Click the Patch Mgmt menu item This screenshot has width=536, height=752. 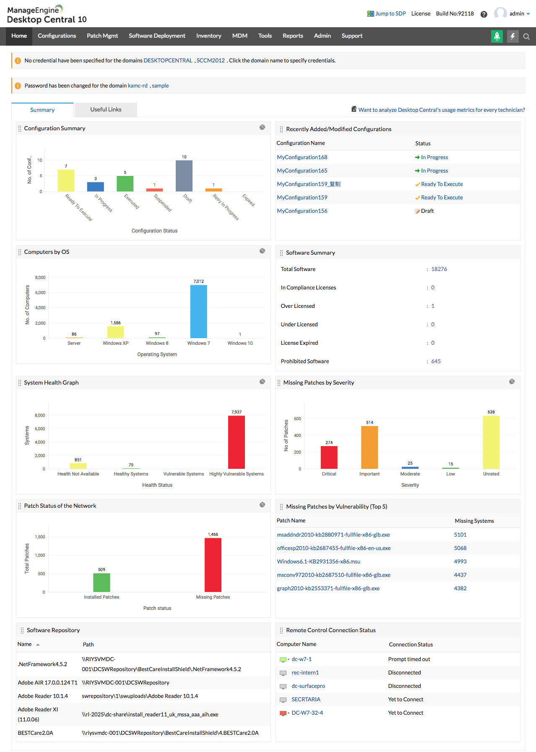point(102,36)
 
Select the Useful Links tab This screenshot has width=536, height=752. point(106,110)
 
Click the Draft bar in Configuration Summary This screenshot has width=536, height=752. point(184,176)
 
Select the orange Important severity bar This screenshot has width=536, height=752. point(369,447)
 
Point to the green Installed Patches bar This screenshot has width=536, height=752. point(101,582)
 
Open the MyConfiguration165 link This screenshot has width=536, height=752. point(302,171)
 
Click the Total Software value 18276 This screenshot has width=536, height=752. point(439,269)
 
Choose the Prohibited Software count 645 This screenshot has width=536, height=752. point(436,362)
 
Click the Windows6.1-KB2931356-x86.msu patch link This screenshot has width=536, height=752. point(318,562)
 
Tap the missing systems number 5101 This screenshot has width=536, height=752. point(460,535)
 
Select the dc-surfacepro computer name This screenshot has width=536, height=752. point(308,686)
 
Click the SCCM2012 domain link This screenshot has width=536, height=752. point(211,61)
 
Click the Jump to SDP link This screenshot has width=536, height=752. point(390,14)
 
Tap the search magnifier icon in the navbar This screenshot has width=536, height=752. point(526,37)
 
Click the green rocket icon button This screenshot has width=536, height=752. point(497,36)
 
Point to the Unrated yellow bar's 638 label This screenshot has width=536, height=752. point(491,412)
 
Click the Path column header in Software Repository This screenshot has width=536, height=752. point(88,645)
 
